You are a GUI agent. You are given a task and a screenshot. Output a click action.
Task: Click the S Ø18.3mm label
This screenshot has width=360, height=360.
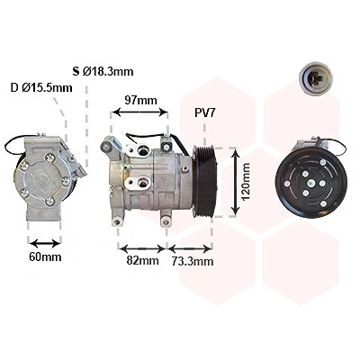pos(103,71)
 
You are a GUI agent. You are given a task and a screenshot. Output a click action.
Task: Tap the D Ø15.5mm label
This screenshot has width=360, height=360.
pos(41,88)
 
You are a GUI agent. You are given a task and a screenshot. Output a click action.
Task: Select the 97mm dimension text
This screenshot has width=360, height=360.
pos(140,100)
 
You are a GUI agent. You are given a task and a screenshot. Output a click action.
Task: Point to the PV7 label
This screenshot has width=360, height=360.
pos(205,113)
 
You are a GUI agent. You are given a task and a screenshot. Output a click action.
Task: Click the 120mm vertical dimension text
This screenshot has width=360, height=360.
pos(246,182)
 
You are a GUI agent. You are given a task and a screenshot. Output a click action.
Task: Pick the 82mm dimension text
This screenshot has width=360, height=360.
pos(142,260)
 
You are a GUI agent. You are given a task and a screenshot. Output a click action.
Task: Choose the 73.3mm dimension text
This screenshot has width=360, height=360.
pos(193,261)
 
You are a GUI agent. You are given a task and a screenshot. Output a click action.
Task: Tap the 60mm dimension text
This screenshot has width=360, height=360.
pos(45,256)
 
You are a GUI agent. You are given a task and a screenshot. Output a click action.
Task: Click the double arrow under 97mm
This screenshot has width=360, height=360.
pos(139,112)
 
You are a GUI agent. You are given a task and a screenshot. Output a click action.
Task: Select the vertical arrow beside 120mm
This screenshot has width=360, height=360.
pos(236,182)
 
